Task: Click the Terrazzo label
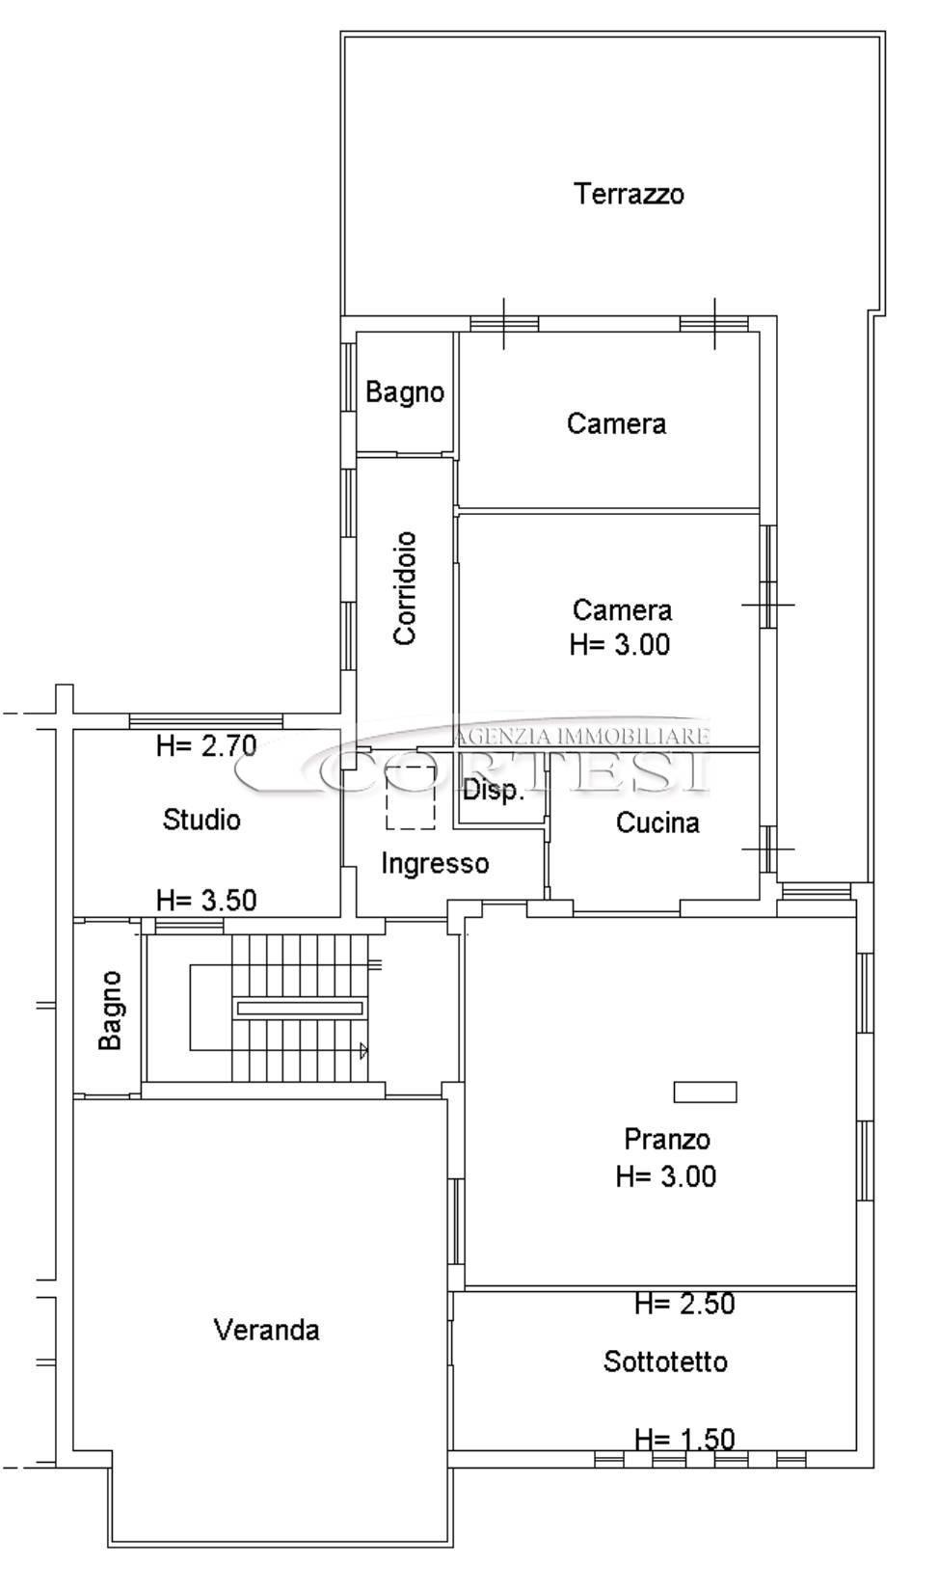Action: (630, 194)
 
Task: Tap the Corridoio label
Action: (405, 588)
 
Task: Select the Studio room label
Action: (201, 820)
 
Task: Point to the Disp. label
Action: (494, 791)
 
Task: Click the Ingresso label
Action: (436, 864)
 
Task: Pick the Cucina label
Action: (657, 822)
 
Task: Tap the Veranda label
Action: (267, 1330)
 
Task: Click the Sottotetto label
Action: (665, 1362)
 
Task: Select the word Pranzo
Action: (667, 1140)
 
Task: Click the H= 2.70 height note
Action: (206, 745)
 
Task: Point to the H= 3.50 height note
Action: (206, 901)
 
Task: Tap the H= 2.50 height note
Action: (684, 1304)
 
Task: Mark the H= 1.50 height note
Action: (684, 1439)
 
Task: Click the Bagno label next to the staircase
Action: (111, 1011)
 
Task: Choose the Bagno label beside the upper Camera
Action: (405, 392)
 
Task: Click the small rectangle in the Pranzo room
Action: (705, 1092)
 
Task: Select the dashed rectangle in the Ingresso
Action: (411, 797)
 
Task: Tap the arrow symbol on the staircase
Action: (364, 1050)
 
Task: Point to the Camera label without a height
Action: (616, 423)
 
